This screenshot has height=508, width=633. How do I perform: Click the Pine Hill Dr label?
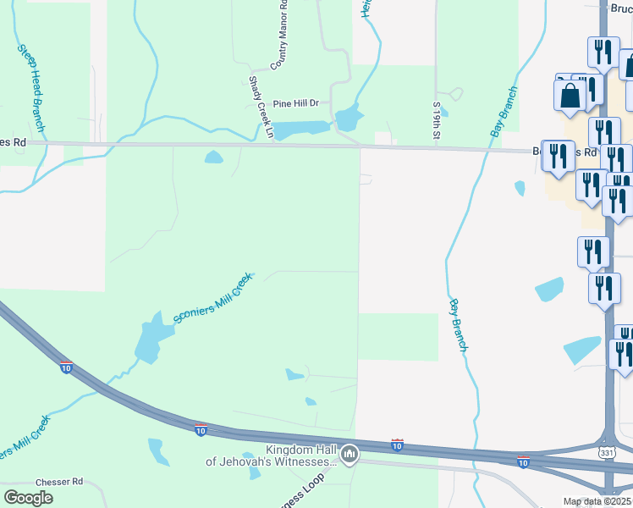click(289, 103)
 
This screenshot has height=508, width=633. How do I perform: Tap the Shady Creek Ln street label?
click(261, 108)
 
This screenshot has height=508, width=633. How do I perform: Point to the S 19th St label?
click(437, 120)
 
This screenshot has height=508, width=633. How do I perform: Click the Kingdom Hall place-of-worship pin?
click(349, 455)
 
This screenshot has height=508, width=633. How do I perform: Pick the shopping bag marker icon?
click(570, 95)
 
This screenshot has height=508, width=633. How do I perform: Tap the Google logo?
click(28, 498)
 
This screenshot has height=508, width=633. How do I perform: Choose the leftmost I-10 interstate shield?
click(66, 367)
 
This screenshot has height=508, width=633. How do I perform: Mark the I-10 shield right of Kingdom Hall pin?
click(397, 444)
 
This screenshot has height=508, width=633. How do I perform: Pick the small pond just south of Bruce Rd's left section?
click(213, 157)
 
